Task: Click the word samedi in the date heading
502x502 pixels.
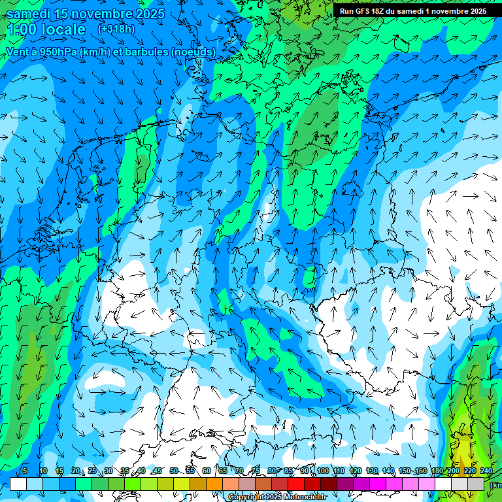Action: pos(29,13)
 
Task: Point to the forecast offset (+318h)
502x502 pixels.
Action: pos(116,29)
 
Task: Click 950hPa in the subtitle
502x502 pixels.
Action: pos(54,52)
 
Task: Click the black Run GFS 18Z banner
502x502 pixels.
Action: pos(412,11)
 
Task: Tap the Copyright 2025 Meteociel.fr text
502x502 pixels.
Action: pos(277,497)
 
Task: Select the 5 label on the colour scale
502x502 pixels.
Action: pos(25,471)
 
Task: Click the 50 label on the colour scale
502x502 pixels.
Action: pos(173,471)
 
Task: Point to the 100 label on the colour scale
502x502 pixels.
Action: pos(322,471)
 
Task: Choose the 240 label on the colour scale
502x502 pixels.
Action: pos(486,471)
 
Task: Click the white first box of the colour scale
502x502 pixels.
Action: pos(18,484)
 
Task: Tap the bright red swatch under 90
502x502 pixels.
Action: pos(296,484)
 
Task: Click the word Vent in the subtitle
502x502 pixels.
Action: pos(18,52)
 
